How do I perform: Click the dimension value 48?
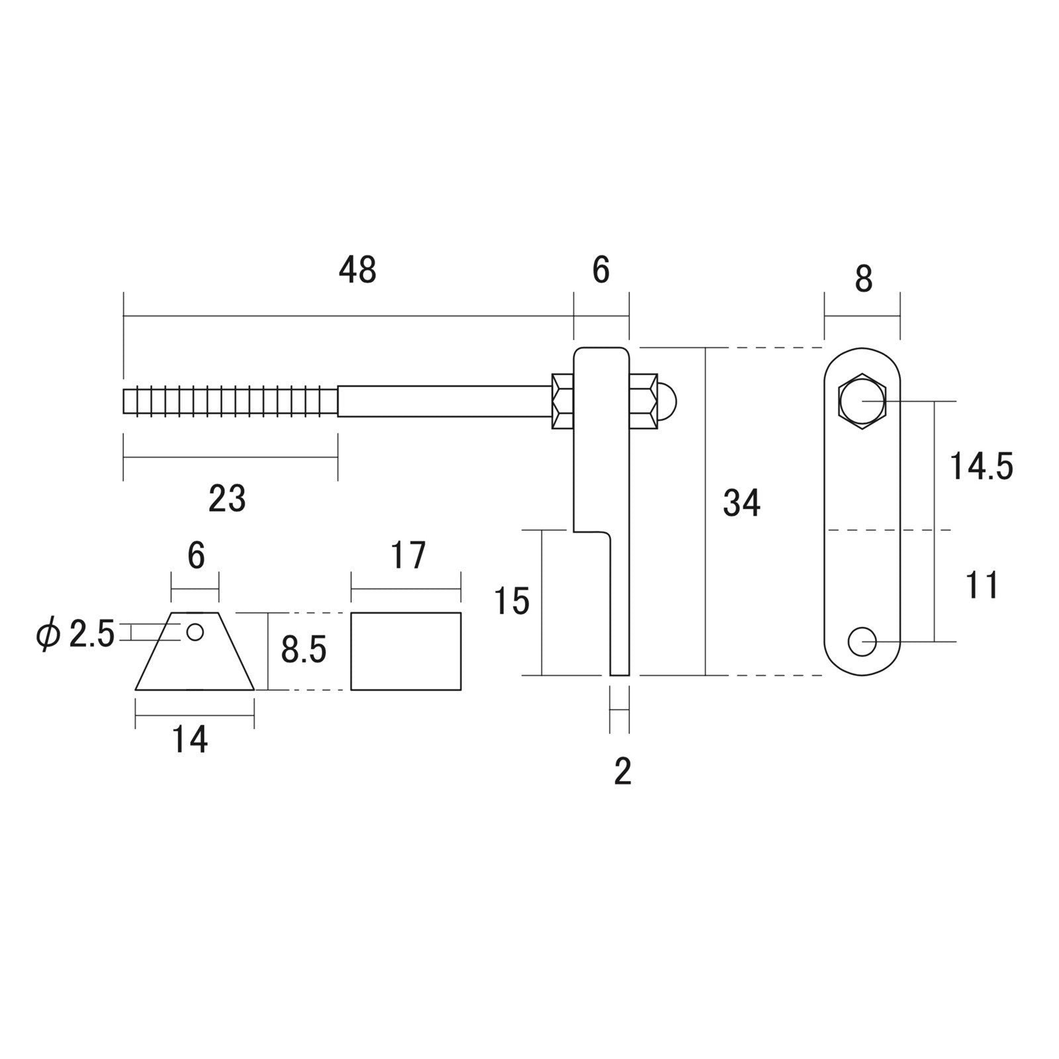point(357,270)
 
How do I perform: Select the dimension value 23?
point(227,498)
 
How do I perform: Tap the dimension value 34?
point(741,503)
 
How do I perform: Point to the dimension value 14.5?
point(981,466)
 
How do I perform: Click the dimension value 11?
point(982,585)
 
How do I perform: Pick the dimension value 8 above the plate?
point(863,279)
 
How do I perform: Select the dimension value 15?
point(512,601)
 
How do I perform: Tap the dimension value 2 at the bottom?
point(622,771)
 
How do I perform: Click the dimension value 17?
point(407,556)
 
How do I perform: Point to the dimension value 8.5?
point(304,650)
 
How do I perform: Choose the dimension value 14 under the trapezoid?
point(191,739)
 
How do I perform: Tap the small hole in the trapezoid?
point(195,632)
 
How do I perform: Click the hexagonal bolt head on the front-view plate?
point(862,402)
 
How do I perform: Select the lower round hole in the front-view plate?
point(862,641)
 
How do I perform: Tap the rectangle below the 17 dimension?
point(406,651)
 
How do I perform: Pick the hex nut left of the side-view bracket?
point(562,401)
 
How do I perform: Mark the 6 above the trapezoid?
point(196,556)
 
